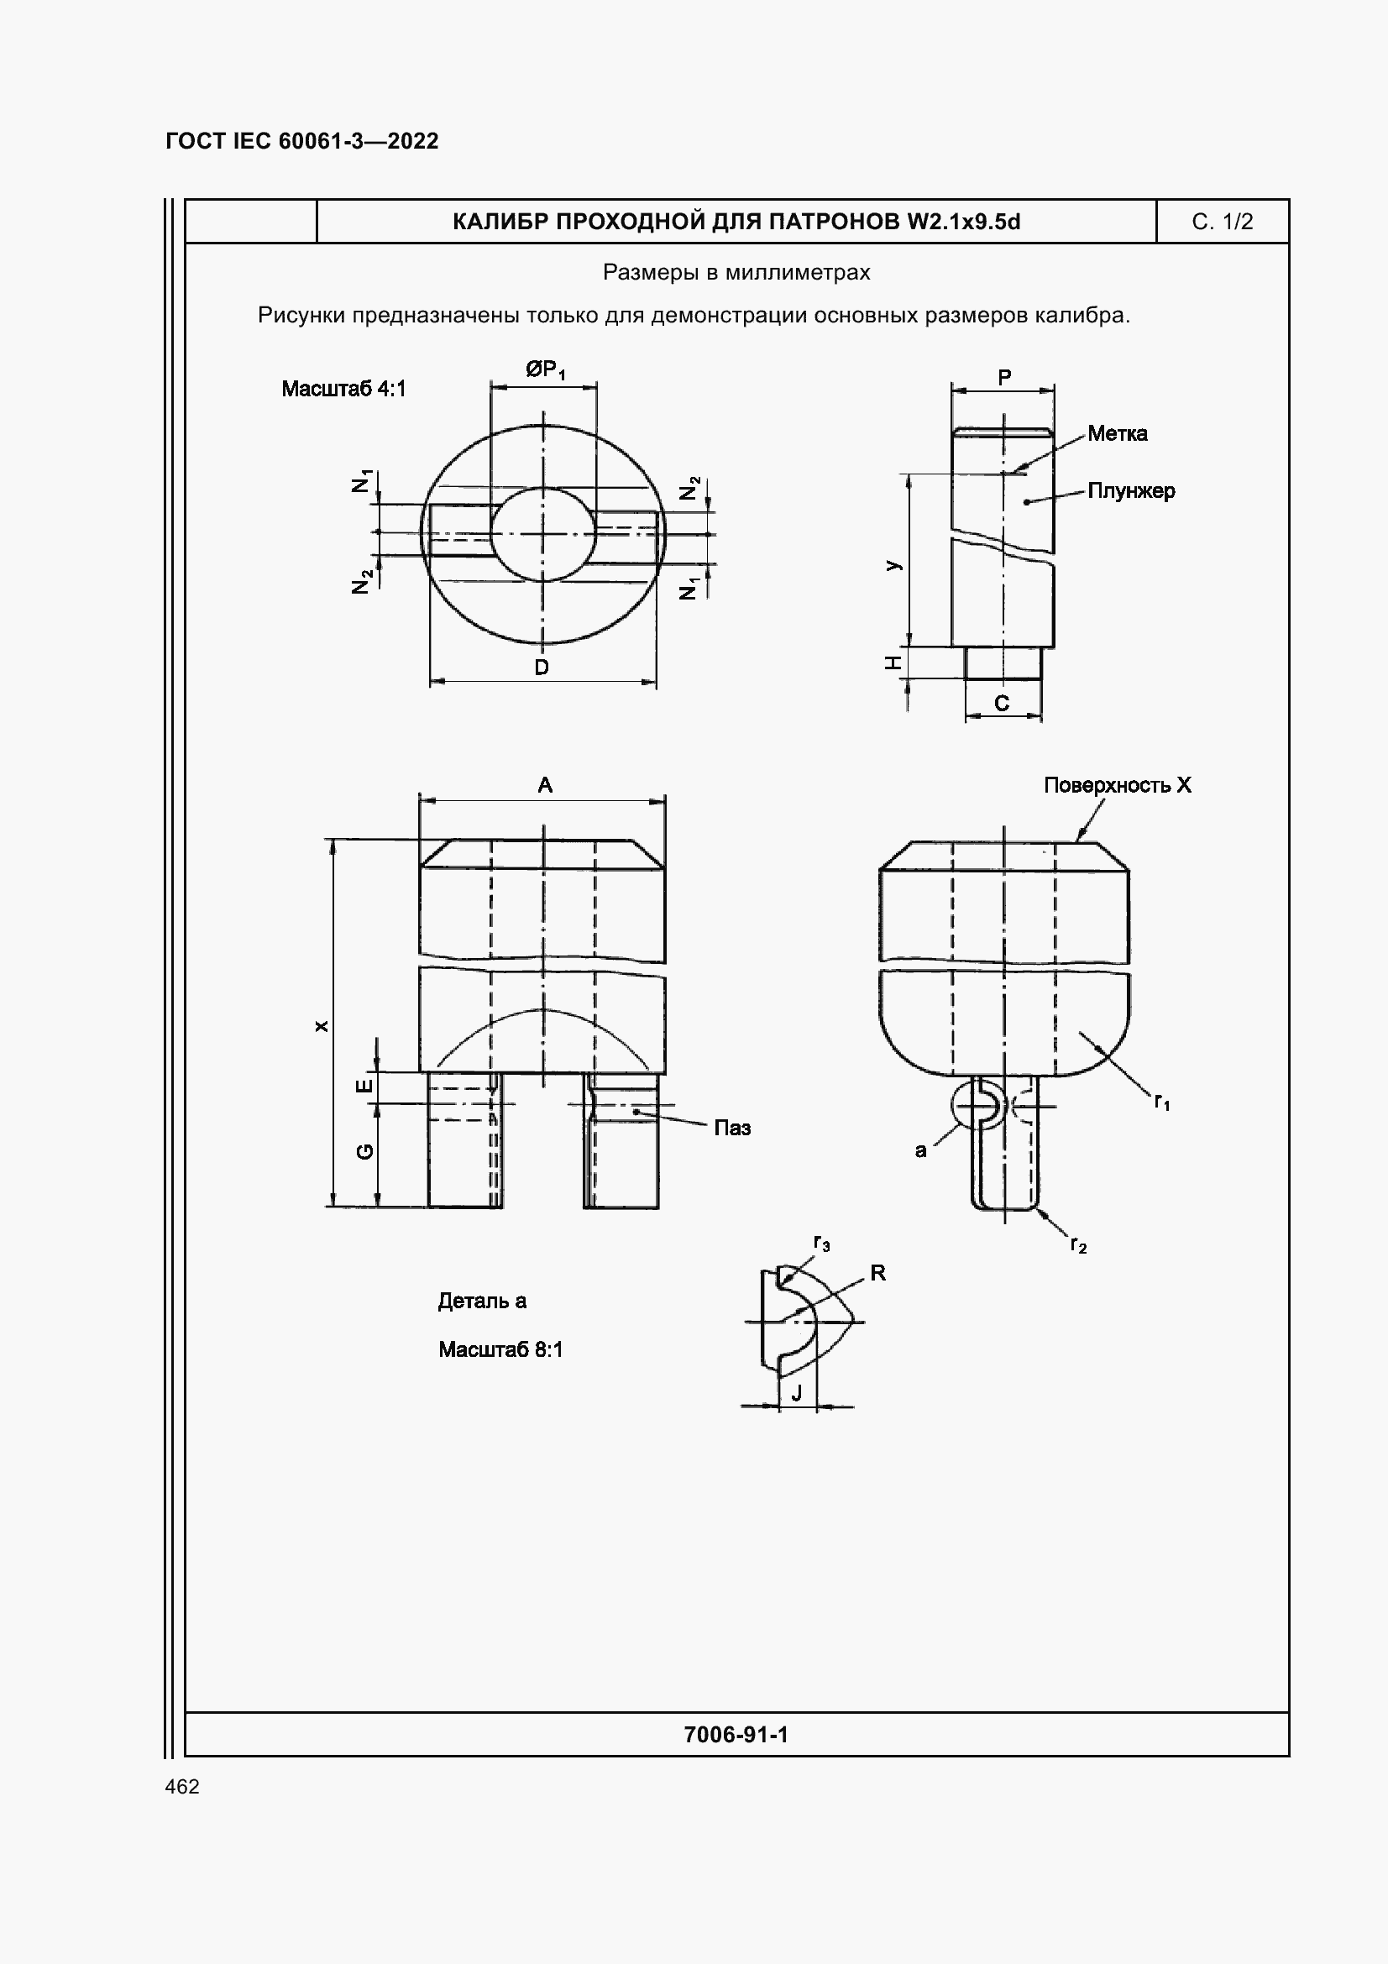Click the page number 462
(x=182, y=1786)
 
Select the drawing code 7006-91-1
(x=736, y=1734)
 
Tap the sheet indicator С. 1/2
(x=1221, y=222)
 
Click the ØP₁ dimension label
(x=545, y=369)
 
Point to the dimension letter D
(x=542, y=668)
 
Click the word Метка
(x=1117, y=433)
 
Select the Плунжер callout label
(x=1130, y=491)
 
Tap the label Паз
(x=732, y=1128)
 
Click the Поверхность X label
(x=1117, y=785)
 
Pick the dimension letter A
(x=545, y=785)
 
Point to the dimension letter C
(x=1002, y=703)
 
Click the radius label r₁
(x=1161, y=1102)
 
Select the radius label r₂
(x=1077, y=1245)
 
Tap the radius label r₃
(x=821, y=1244)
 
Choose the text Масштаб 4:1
(x=343, y=390)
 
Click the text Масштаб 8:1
(x=500, y=1350)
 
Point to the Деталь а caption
(x=481, y=1301)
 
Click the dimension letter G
(x=364, y=1151)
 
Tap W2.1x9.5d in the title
(x=963, y=222)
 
